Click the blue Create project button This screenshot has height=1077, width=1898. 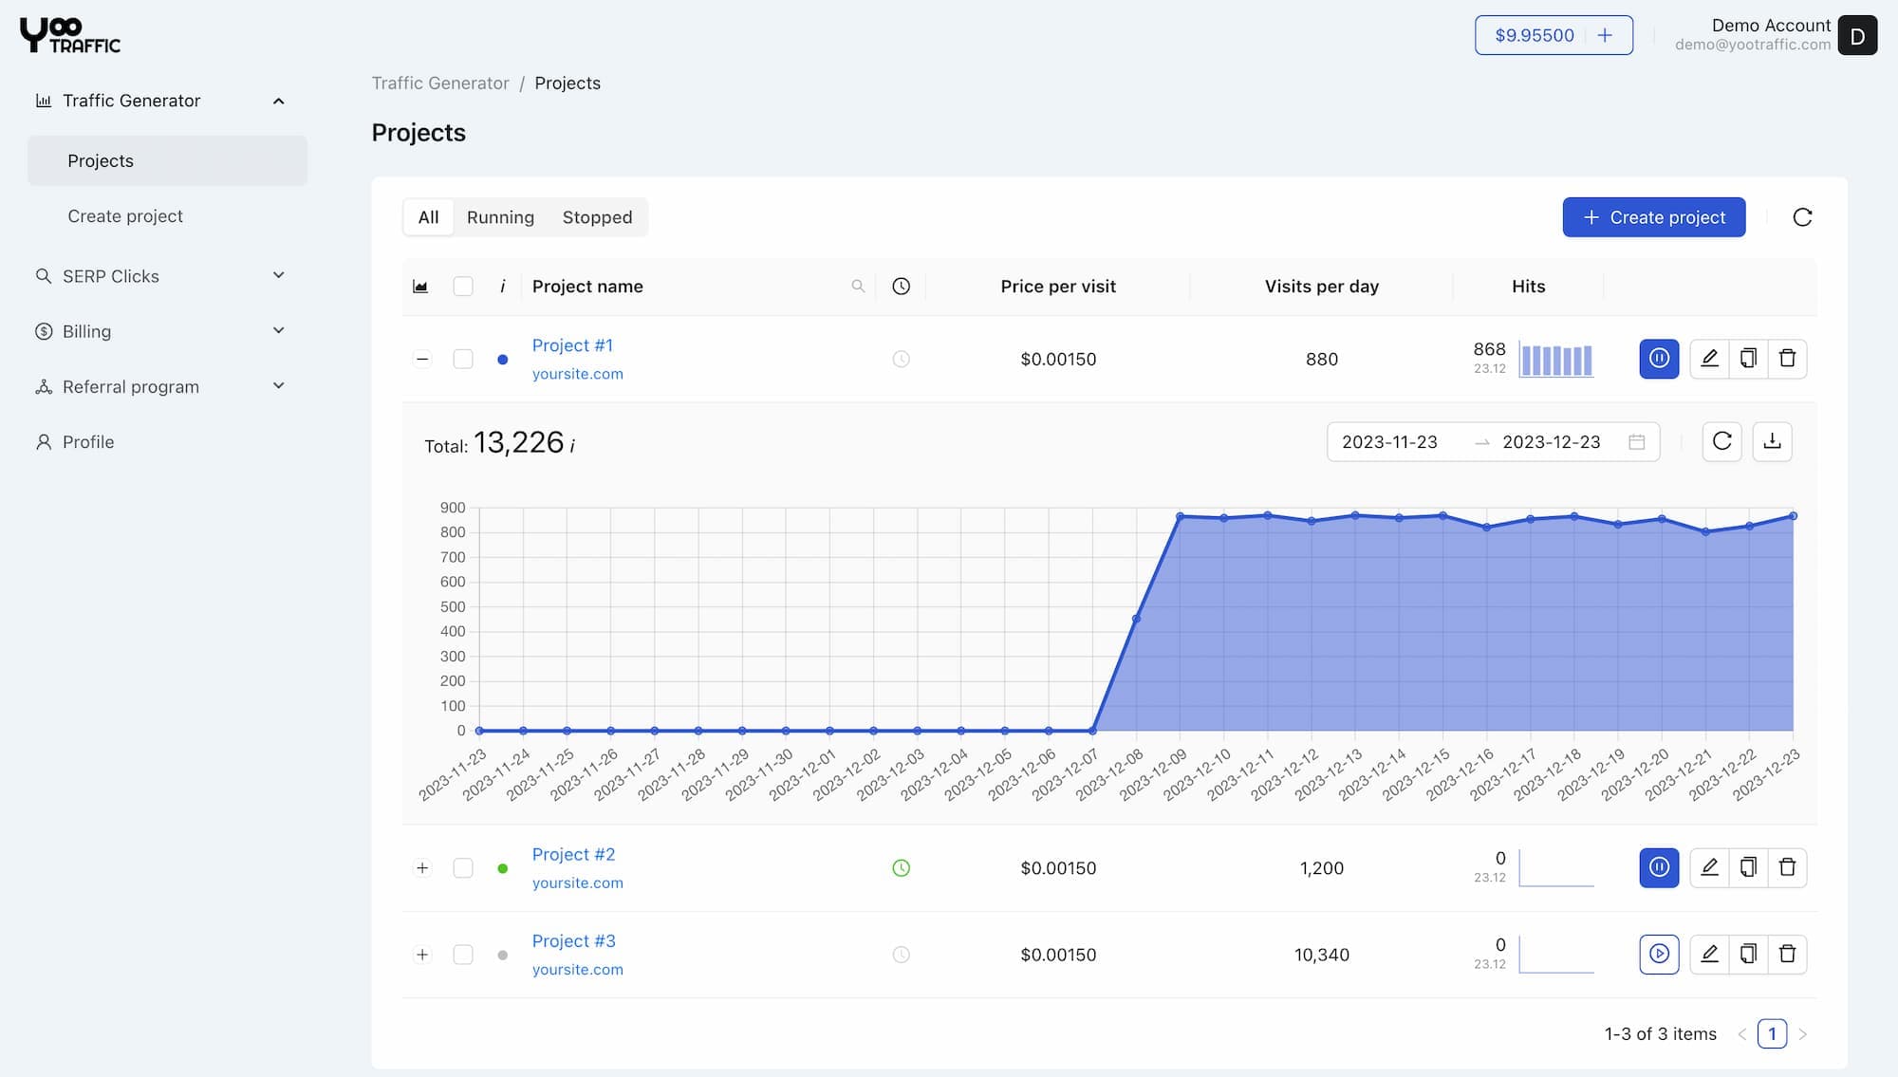(x=1653, y=217)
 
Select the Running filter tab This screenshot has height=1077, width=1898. (x=500, y=217)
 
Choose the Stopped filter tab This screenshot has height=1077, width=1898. (x=597, y=217)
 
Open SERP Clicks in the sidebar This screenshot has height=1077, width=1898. (x=111, y=276)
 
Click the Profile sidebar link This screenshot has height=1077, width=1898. (x=88, y=442)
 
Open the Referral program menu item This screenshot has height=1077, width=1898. (x=131, y=387)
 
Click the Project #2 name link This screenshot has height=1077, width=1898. (x=573, y=854)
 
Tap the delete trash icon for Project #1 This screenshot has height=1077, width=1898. (x=1787, y=359)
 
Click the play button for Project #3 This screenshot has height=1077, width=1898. (x=1659, y=954)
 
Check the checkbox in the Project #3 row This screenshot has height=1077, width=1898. (x=463, y=955)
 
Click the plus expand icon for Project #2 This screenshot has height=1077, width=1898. (x=422, y=868)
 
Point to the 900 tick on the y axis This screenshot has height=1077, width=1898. (x=453, y=508)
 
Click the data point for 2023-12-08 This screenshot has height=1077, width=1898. (x=1136, y=619)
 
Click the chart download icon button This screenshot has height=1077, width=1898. (x=1772, y=442)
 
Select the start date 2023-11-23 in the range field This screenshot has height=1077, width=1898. (x=1389, y=442)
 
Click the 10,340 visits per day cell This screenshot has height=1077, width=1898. (x=1321, y=955)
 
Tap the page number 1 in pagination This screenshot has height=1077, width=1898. (x=1772, y=1033)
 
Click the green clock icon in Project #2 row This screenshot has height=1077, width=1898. (x=901, y=868)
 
